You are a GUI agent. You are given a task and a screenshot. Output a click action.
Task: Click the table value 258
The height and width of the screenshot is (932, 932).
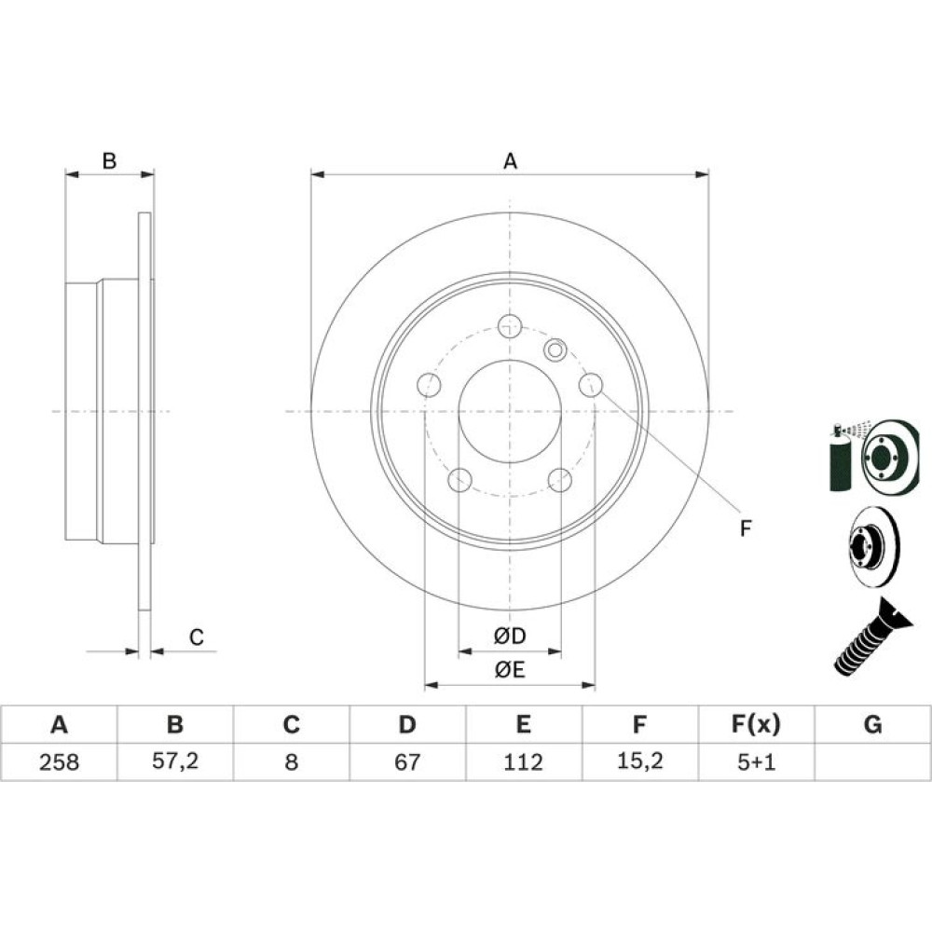tap(59, 761)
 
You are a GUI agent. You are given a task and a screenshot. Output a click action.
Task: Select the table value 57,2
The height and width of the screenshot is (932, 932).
tap(175, 761)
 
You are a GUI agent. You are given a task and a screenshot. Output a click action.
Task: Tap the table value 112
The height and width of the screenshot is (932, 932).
tap(523, 761)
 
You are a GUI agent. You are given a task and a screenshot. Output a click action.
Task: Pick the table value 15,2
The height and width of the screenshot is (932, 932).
tap(639, 761)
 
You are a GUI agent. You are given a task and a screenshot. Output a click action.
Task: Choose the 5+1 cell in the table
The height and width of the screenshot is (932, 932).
tap(756, 761)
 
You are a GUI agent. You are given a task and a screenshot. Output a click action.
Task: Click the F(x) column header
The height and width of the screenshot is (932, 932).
tap(756, 724)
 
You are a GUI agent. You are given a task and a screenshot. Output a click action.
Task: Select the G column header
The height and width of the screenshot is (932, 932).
tap(872, 724)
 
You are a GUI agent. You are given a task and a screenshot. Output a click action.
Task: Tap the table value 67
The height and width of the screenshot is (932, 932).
tap(407, 761)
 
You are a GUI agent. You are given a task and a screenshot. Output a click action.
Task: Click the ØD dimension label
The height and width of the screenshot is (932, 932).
tap(510, 636)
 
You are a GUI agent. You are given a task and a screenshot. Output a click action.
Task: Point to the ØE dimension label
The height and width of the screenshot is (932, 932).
tap(510, 670)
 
